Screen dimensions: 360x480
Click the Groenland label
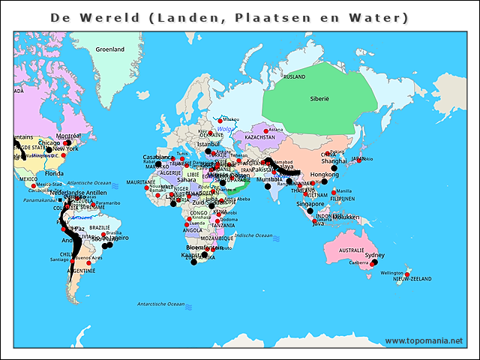click(109, 49)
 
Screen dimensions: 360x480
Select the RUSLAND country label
click(295, 76)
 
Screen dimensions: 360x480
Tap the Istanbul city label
click(208, 143)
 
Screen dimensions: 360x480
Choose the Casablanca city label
click(157, 157)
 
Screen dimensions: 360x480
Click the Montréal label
click(68, 135)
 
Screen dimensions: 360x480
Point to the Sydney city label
click(374, 255)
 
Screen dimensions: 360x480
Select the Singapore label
click(310, 203)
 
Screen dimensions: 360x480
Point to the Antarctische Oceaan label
click(160, 304)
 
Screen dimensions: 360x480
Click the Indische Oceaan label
click(253, 235)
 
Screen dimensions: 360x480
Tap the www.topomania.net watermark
click(424, 340)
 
